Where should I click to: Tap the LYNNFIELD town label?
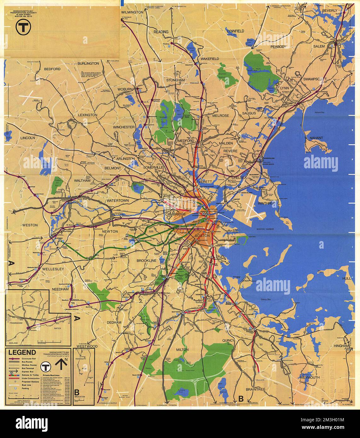click(236, 31)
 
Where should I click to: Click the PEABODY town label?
click(278, 47)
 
